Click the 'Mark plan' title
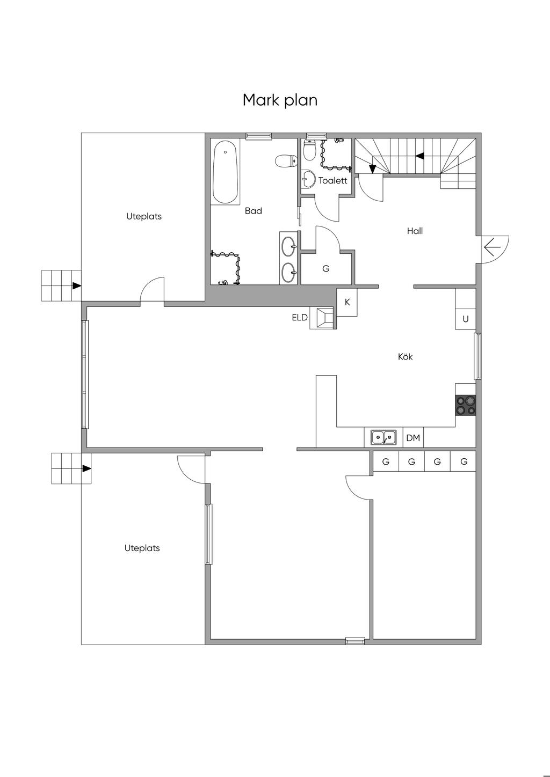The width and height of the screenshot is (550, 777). (x=280, y=100)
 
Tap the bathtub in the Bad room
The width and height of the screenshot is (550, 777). (x=226, y=172)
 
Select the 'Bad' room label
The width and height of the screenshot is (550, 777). (x=253, y=211)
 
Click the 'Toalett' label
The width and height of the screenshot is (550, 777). (x=332, y=180)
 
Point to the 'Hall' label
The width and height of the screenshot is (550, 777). (x=415, y=231)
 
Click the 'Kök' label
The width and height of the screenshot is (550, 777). (x=405, y=357)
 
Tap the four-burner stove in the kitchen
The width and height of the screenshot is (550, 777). (x=465, y=405)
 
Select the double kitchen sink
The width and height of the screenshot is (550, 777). (x=383, y=437)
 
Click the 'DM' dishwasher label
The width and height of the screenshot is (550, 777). (x=413, y=438)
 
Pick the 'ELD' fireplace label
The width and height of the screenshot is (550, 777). (x=300, y=317)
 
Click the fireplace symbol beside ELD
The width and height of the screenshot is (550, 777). (x=323, y=318)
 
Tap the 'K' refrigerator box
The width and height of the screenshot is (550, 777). (x=347, y=303)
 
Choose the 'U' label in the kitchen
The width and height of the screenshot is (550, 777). (x=466, y=319)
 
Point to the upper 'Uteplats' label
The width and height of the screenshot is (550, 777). (x=144, y=216)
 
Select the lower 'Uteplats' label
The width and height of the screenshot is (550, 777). (x=142, y=548)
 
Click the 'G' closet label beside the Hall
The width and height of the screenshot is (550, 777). (x=325, y=268)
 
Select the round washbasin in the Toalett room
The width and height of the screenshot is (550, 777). (x=307, y=179)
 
